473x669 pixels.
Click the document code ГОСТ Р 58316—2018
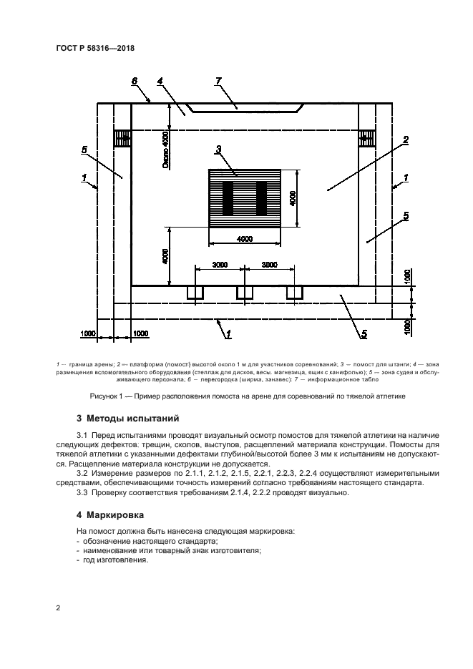point(95,48)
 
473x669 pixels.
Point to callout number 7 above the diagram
point(219,81)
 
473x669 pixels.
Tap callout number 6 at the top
point(135,81)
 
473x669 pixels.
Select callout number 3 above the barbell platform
point(218,149)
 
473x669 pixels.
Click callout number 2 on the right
point(406,139)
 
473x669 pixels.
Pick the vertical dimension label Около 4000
point(165,150)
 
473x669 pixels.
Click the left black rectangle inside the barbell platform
point(228,198)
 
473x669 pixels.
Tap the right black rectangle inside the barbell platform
point(261,198)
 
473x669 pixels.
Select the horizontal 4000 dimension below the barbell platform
point(245,239)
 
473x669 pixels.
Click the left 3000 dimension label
point(220,265)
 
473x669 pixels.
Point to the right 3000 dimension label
point(270,265)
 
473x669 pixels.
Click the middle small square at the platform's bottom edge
point(245,292)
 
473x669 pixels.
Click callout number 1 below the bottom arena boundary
point(228,335)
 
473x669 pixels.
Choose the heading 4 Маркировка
point(110,515)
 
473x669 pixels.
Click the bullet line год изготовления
point(116,560)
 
